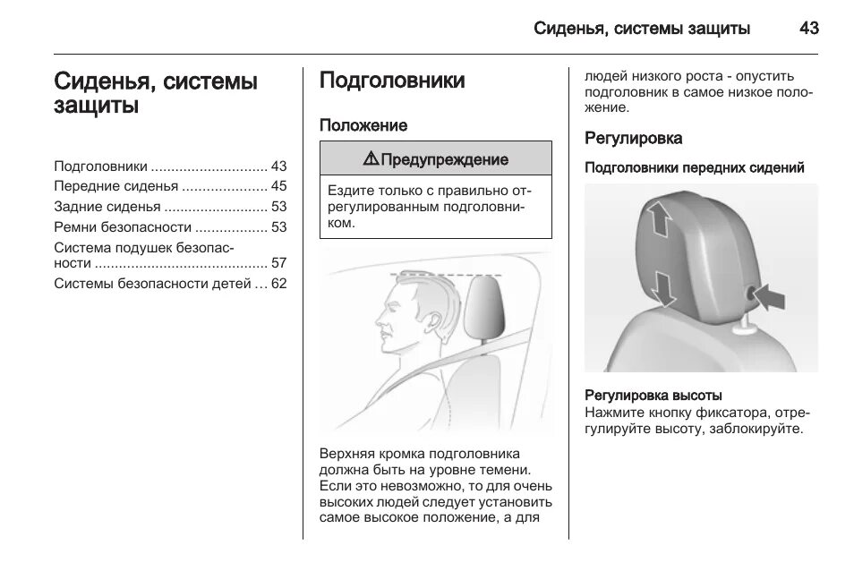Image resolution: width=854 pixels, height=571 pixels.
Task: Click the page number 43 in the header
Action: pos(808,28)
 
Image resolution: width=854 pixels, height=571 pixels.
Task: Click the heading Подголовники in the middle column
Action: pos(392,81)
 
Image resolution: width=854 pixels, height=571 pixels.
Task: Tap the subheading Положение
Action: pos(363,125)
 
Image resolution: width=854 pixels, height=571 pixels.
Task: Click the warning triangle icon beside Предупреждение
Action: pos(371,159)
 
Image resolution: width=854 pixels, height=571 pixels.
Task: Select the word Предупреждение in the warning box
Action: pos(444,159)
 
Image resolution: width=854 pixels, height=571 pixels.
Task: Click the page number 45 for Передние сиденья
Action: pos(278,186)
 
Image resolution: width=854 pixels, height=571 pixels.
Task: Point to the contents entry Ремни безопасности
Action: pos(123,226)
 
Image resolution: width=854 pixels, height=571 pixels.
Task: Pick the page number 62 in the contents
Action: pos(278,284)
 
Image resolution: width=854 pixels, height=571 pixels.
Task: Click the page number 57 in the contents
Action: pos(278,263)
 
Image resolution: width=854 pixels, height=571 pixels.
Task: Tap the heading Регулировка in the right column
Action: pos(634,139)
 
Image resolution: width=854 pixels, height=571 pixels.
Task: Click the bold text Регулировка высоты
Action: pos(653,395)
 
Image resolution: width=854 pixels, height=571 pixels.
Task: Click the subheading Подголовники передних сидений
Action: pos(695,167)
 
